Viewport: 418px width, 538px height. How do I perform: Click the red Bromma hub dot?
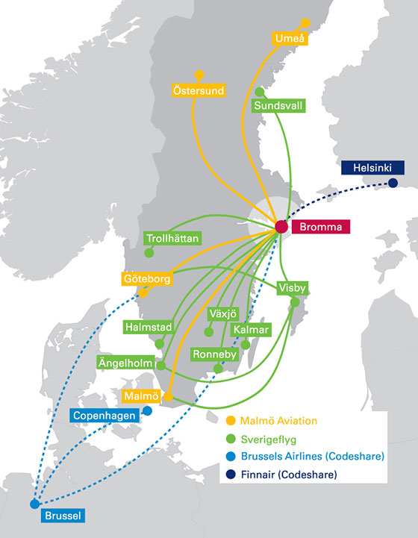point(281,226)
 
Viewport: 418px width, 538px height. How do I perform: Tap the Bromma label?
point(321,227)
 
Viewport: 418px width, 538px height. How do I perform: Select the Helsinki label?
point(372,167)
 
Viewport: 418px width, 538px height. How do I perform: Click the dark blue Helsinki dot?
point(393,183)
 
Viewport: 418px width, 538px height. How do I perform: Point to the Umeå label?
point(290,38)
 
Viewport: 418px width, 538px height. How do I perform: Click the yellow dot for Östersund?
point(199,75)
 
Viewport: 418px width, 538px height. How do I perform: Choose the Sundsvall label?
point(278,105)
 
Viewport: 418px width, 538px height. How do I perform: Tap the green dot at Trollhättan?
point(149,253)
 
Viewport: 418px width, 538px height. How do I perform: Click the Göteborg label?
point(147,278)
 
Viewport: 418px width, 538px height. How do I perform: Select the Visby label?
point(292,287)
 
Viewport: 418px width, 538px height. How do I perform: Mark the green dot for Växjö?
point(209,332)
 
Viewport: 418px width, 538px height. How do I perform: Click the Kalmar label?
point(251,330)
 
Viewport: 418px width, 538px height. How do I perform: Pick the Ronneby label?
point(214,354)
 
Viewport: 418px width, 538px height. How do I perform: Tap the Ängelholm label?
point(125,363)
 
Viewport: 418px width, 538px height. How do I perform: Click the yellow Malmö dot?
point(168,397)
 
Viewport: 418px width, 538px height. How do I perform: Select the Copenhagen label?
point(104,416)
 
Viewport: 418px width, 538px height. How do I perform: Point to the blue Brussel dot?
point(34,504)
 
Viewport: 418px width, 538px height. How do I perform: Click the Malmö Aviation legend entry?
point(272,421)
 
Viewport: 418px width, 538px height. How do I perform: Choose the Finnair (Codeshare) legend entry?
point(281,475)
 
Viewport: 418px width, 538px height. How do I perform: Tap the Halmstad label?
point(149,327)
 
